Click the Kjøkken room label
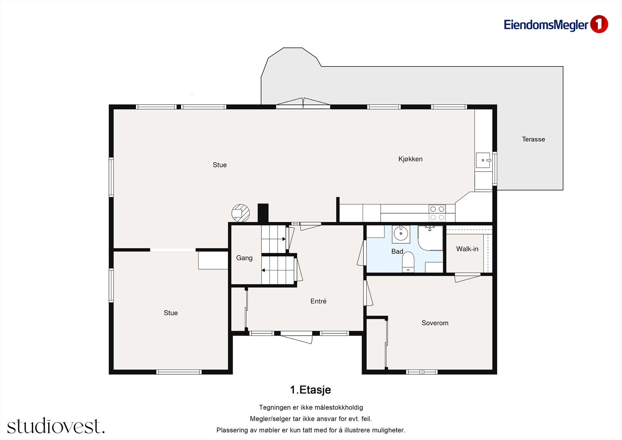[411, 159]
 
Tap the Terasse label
[533, 139]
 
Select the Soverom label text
[435, 323]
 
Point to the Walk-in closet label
[467, 249]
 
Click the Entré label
[318, 301]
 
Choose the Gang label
[245, 258]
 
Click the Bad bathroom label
[397, 251]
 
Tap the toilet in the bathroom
[408, 262]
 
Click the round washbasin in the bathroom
[401, 234]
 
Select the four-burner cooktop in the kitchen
[437, 213]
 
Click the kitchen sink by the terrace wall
[483, 160]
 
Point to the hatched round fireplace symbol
[241, 213]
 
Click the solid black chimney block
[263, 213]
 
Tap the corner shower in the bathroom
[430, 238]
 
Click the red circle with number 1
[599, 24]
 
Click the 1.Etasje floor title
[311, 390]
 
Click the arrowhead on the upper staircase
[284, 239]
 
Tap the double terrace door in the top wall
[303, 103]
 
